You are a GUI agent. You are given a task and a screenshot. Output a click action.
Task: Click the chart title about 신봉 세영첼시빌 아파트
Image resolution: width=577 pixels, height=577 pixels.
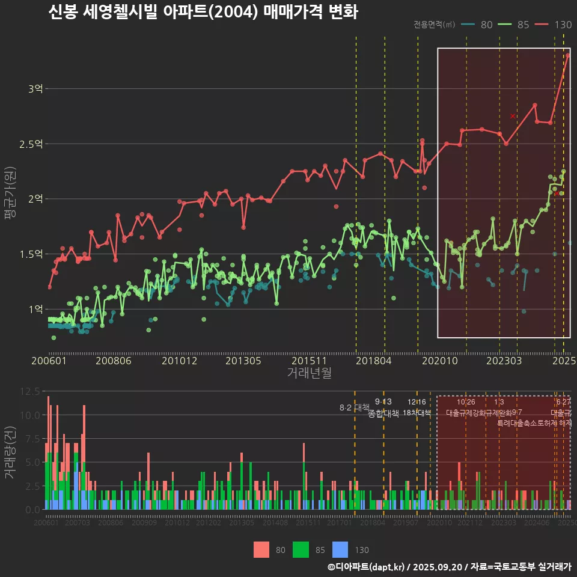pos(203,12)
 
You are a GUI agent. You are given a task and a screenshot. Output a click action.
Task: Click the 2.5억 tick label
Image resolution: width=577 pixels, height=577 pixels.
pos(31,144)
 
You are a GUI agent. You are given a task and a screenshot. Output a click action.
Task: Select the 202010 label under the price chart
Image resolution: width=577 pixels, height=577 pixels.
pos(438,361)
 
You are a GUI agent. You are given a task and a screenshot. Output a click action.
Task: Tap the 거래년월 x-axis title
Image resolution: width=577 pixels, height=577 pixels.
pos(309,373)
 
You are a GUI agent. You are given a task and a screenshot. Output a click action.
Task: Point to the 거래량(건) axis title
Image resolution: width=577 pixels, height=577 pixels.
pos(10,453)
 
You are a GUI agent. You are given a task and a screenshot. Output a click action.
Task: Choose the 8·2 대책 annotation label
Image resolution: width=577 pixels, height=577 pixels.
pos(354,408)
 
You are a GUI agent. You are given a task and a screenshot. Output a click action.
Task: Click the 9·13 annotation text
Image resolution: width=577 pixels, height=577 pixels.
pos(383,401)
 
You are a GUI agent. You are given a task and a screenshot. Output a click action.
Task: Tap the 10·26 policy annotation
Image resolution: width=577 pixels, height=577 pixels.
pos(466,401)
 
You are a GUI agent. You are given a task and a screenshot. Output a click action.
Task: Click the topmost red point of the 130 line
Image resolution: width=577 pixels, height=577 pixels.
pos(567,55)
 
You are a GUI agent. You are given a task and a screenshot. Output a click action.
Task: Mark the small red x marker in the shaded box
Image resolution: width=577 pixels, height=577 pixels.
pos(513,116)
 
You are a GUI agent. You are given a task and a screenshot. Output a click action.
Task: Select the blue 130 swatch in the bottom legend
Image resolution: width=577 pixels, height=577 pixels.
pos(340,549)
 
